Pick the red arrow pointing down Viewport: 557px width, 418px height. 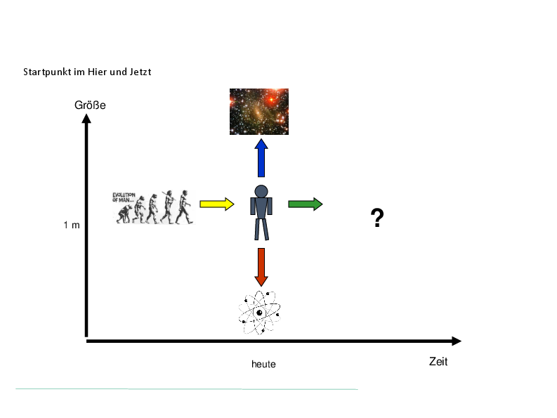coord(261,266)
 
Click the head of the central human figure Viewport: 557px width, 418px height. coord(261,191)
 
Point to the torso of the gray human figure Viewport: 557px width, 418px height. coord(261,208)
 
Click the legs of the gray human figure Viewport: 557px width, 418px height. coord(261,229)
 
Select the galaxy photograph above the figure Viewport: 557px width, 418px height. coord(259,112)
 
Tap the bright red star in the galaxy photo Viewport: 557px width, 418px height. coord(270,99)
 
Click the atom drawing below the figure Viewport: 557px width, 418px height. coord(259,313)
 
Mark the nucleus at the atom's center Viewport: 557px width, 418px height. coord(259,313)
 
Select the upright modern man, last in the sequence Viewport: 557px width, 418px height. coord(184,209)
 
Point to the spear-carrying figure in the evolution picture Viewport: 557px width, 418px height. coord(169,208)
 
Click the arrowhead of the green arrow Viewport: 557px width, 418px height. coord(317,204)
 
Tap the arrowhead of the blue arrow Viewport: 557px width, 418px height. coord(261,145)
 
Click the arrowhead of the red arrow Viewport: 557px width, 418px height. coord(261,280)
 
